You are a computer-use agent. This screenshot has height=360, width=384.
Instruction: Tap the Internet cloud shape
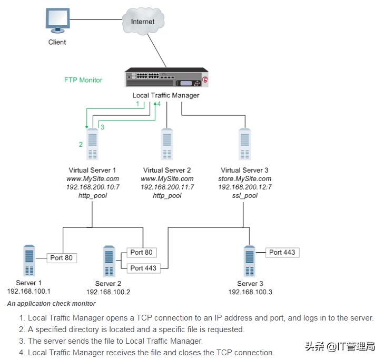(143, 23)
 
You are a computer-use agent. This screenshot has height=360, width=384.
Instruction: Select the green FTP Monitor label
(83, 80)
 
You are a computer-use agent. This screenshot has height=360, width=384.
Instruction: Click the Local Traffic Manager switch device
(166, 78)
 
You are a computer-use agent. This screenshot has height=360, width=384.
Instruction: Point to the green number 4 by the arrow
(159, 104)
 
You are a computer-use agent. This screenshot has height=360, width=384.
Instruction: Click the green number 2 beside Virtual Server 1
(81, 144)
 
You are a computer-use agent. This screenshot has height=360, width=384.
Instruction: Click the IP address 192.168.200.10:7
(92, 187)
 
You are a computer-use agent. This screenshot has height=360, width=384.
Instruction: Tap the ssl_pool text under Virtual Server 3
(244, 195)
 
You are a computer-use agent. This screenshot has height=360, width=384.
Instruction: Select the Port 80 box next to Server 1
(62, 258)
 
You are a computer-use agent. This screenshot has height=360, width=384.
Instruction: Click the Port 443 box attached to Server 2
(143, 268)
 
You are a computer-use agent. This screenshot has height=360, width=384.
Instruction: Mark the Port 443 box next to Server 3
(282, 252)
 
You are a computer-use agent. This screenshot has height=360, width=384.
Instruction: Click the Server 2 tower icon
(109, 262)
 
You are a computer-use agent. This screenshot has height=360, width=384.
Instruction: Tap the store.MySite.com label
(244, 178)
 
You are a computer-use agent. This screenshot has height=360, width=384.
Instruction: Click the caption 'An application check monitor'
(51, 303)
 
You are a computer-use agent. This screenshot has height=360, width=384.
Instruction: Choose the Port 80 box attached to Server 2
(141, 252)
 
